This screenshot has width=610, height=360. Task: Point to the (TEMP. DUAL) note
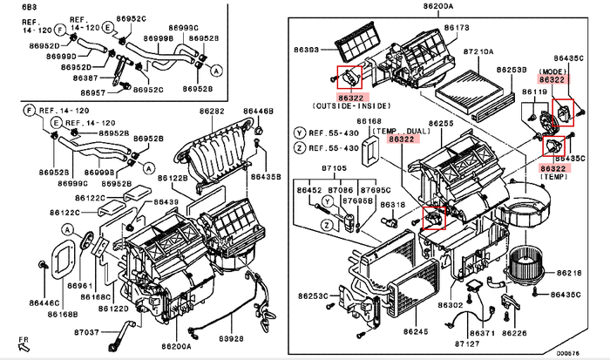[x=398, y=129]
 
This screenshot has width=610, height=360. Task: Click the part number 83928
[x=230, y=337]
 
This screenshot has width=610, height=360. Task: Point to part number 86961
[x=80, y=285]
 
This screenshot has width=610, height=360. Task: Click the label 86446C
[x=43, y=302]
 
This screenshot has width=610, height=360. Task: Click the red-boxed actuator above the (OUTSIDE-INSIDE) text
[x=349, y=76]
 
